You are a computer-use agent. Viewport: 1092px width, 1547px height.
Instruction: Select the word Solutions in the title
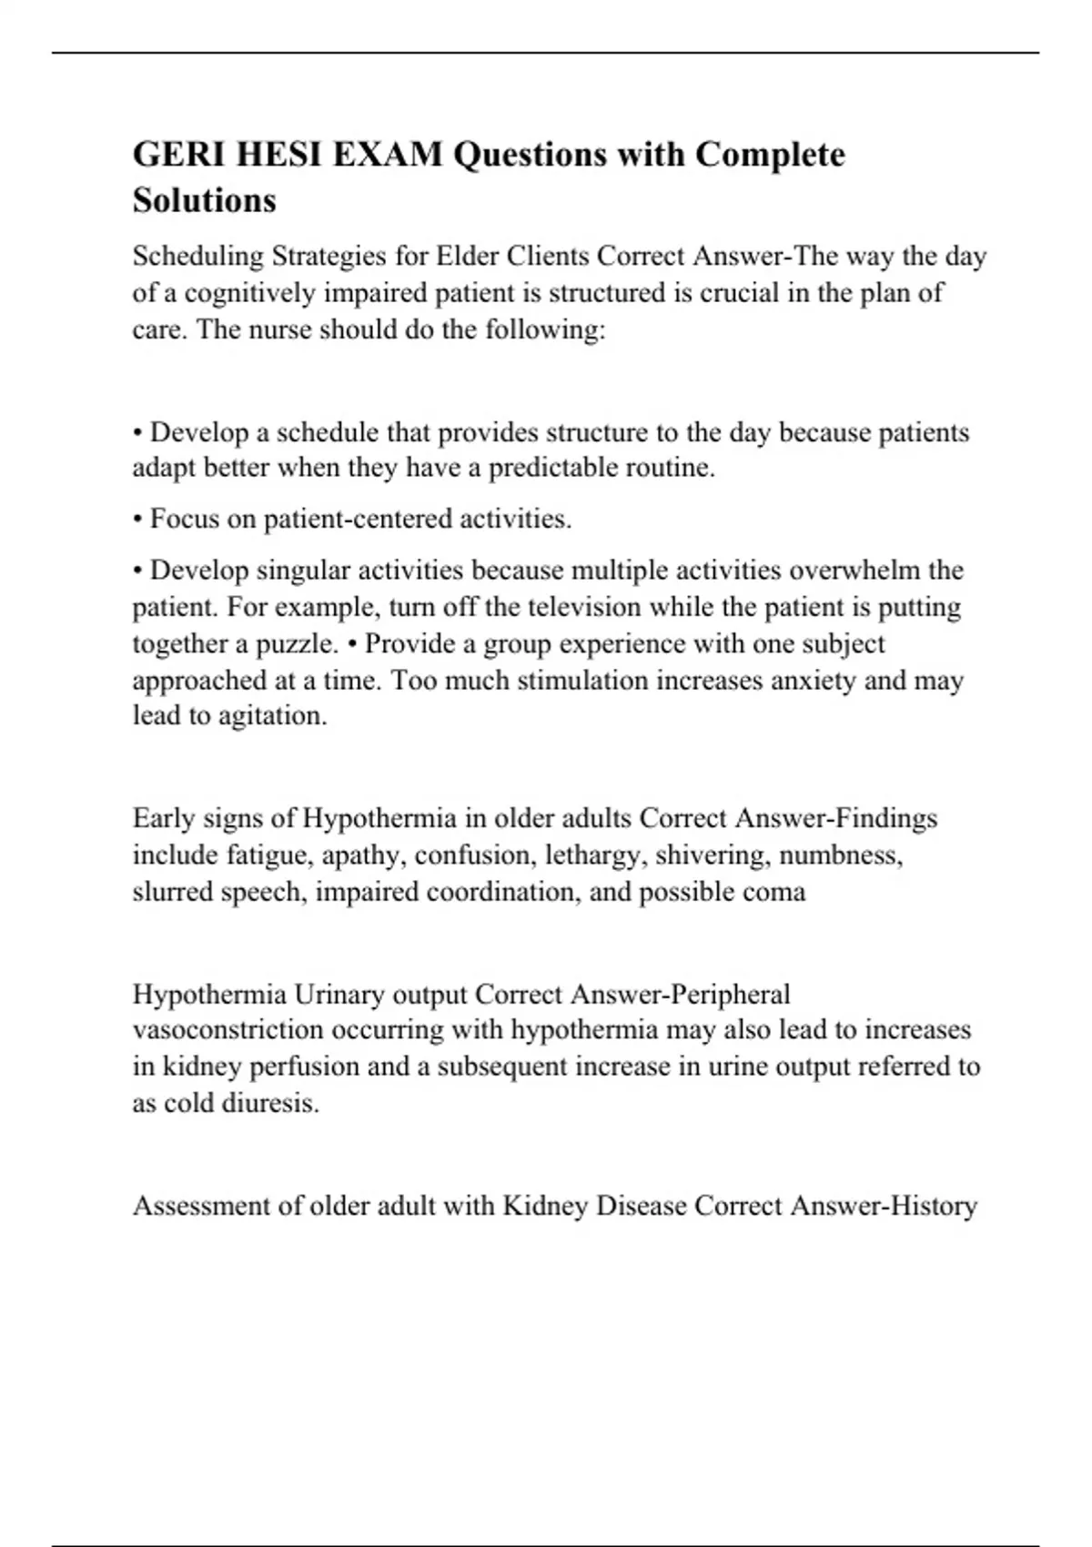point(204,200)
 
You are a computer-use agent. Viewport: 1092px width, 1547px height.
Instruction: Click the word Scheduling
point(197,258)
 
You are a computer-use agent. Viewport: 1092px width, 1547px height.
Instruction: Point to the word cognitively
point(238,294)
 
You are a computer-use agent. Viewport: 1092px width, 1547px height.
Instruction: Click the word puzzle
point(299,644)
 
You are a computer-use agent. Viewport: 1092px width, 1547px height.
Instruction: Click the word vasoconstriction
point(227,1030)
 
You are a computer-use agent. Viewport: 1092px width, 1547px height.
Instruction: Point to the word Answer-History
point(884,1206)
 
